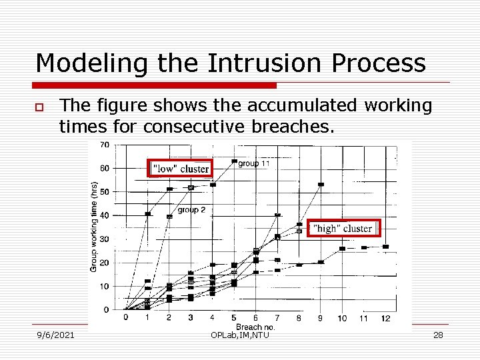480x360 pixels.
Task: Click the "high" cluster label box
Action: point(343,229)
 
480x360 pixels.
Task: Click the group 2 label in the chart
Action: point(191,210)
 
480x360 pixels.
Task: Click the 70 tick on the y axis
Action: point(105,145)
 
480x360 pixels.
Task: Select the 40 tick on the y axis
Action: point(105,215)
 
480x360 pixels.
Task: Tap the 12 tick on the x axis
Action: point(385,319)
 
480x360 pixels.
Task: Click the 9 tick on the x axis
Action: point(320,319)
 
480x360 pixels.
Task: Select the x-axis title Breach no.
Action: point(255,327)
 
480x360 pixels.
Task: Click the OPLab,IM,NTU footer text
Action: point(239,335)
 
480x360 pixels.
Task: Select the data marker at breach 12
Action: point(385,247)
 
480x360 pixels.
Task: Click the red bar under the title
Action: point(156,85)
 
